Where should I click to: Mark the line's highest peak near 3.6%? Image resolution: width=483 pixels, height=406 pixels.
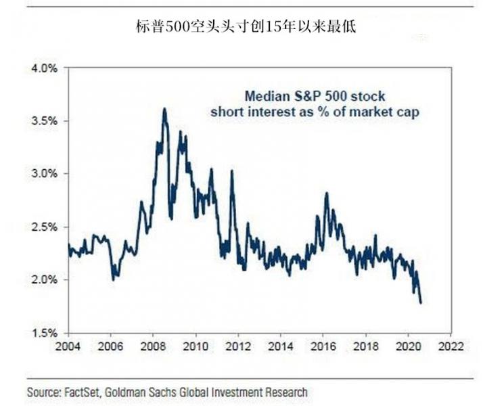[x=164, y=109]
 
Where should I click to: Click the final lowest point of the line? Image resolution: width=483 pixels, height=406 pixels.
[x=421, y=302]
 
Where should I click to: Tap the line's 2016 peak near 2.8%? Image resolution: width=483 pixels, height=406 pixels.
[x=326, y=194]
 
